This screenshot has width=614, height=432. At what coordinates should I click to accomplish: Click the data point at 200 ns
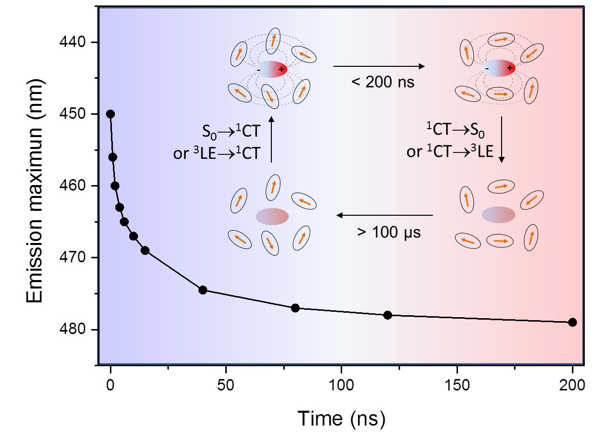(572, 322)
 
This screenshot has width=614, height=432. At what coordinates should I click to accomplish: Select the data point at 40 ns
(203, 290)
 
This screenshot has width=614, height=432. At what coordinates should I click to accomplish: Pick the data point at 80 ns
(295, 308)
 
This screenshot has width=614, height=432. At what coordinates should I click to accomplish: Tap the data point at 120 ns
(388, 315)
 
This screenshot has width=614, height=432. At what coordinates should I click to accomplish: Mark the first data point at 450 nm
(110, 114)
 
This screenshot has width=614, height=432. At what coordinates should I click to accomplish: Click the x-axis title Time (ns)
(341, 418)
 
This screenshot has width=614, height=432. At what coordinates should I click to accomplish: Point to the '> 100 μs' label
(389, 232)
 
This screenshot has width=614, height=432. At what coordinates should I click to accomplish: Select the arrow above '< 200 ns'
(379, 66)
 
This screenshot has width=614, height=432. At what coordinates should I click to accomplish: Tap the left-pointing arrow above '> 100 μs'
(385, 215)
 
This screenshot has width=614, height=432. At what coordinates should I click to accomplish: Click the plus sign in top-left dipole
(281, 69)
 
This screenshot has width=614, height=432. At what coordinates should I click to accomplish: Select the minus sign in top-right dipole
(487, 68)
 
